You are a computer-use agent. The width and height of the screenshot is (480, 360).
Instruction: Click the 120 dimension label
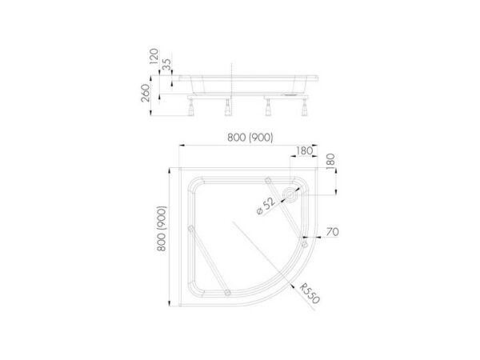[x=154, y=56]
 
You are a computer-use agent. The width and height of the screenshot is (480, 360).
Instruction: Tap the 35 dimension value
[x=167, y=64]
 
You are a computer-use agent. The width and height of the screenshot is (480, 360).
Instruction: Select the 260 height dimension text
[x=146, y=93]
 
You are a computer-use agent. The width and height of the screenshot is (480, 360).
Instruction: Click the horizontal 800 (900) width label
[x=250, y=138]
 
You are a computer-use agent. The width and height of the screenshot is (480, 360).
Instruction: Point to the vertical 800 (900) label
[x=162, y=229]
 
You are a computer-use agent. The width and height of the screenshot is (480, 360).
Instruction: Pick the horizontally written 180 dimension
[x=305, y=150]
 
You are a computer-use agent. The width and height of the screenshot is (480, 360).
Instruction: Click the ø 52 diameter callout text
[x=266, y=206]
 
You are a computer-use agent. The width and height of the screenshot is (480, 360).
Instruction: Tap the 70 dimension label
[x=333, y=232]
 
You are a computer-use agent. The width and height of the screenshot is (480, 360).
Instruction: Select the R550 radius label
[x=310, y=293]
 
